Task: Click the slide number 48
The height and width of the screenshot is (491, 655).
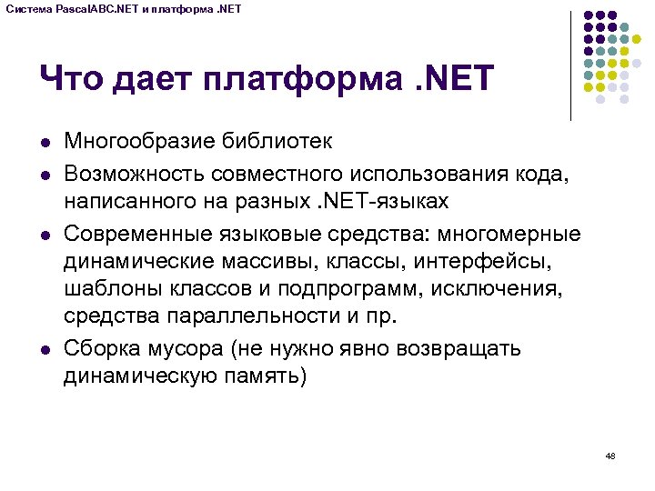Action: tap(610, 455)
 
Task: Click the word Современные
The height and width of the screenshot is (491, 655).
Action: tap(137, 235)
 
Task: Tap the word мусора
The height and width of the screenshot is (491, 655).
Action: tap(184, 349)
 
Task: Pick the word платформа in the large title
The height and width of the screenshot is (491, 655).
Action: tap(299, 79)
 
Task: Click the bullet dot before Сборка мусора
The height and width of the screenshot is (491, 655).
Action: tap(44, 349)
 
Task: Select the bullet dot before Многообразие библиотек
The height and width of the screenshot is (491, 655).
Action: tap(44, 142)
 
